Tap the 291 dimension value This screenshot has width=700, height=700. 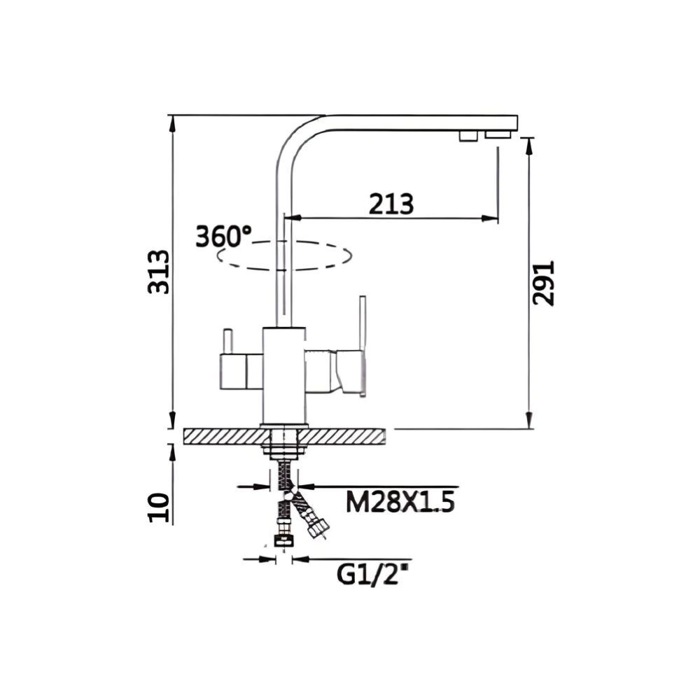coord(544,283)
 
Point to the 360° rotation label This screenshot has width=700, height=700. coord(223,236)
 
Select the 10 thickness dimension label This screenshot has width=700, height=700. coord(159,506)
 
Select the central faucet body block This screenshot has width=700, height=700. coord(284,374)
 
